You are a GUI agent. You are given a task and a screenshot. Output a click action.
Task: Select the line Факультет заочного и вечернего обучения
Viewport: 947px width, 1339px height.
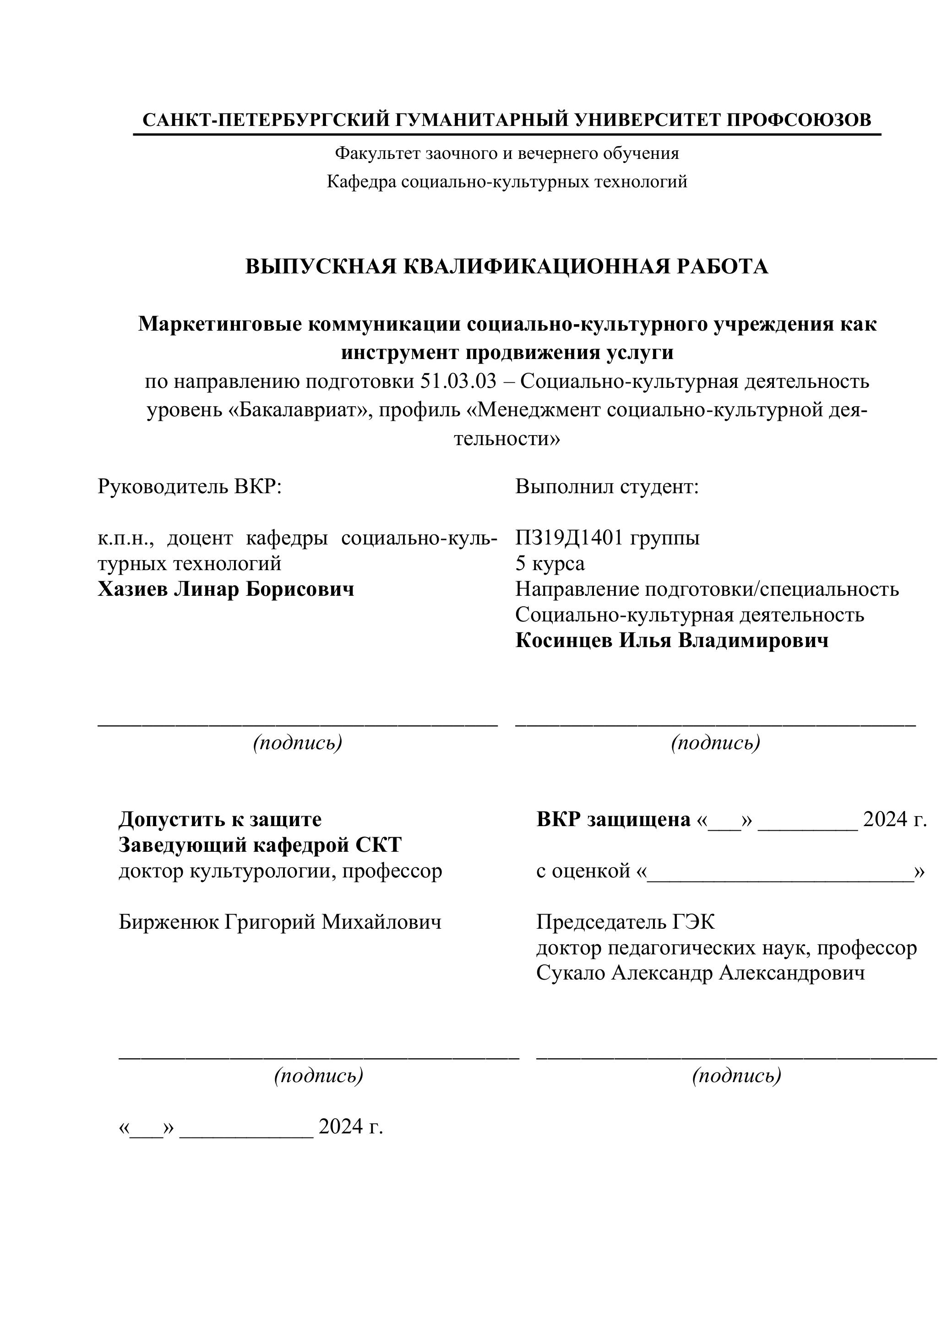point(507,153)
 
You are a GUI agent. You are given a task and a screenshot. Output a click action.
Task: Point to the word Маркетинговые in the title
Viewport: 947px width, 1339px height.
point(219,324)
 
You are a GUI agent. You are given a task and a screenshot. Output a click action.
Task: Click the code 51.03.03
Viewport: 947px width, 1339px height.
point(458,381)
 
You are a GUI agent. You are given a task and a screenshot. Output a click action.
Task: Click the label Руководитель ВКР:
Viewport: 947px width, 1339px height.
point(190,486)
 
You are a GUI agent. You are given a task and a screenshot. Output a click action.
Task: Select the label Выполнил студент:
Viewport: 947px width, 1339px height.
point(606,486)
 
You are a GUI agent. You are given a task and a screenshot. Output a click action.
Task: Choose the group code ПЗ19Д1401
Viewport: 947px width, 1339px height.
point(569,537)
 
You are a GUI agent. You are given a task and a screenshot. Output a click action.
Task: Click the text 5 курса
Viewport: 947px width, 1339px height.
point(550,563)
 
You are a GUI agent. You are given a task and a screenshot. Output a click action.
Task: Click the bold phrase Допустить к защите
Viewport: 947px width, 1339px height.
point(220,819)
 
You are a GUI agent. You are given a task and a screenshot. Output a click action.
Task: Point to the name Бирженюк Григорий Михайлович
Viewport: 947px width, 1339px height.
point(280,922)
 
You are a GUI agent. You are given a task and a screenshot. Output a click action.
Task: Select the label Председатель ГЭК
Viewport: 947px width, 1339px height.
point(625,922)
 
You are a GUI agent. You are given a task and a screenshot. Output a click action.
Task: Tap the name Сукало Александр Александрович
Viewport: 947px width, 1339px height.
point(700,973)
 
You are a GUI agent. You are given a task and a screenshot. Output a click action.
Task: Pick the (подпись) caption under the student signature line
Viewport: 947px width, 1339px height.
point(715,742)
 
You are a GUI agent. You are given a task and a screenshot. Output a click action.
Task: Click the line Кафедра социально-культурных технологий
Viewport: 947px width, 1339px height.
point(507,181)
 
